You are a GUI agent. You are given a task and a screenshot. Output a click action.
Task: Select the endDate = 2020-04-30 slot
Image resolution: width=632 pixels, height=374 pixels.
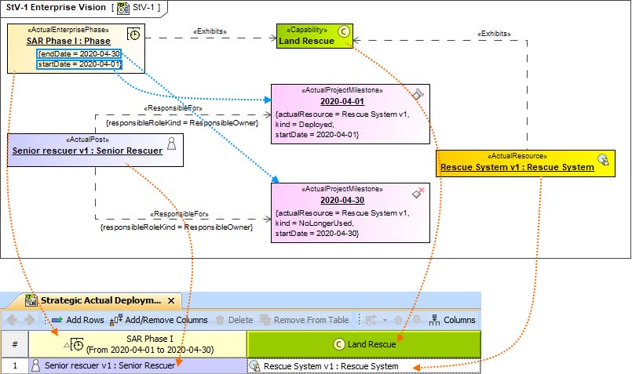point(79,53)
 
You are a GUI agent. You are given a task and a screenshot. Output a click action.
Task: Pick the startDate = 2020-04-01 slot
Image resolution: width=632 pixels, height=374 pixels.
point(79,64)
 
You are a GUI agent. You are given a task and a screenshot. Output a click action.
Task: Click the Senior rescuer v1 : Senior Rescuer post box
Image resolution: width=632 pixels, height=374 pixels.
point(87,151)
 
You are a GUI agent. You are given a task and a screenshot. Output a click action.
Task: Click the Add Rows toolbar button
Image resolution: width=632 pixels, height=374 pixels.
point(78,320)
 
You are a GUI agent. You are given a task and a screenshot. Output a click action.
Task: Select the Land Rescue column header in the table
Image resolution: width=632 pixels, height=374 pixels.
point(363,343)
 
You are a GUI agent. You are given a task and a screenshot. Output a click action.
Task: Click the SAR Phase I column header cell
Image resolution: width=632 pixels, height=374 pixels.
point(137,343)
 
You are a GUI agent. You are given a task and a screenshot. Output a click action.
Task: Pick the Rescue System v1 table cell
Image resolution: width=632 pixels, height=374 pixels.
point(363,366)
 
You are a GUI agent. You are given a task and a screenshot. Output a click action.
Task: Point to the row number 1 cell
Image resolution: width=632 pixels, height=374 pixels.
point(14,366)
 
